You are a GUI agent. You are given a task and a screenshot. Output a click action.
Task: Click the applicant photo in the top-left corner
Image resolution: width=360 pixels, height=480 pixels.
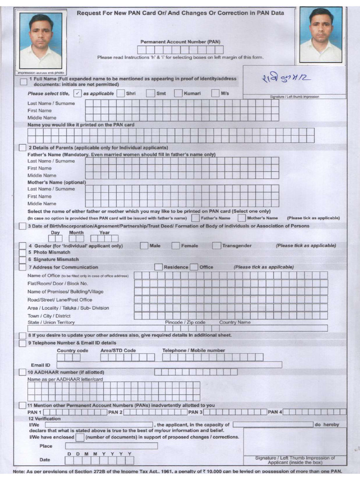coord(40,41)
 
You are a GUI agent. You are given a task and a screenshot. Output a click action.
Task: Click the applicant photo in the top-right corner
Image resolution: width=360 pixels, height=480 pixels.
coord(321,35)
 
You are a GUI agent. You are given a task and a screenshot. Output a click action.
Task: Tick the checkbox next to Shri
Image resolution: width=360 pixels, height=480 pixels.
coord(120,93)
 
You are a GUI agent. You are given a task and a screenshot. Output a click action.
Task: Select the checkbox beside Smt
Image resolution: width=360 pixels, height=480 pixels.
coord(150,93)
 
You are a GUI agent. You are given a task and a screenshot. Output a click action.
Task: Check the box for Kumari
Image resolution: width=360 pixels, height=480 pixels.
coord(178,93)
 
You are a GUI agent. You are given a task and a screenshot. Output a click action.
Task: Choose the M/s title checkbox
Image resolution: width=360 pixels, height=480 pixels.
coord(216,93)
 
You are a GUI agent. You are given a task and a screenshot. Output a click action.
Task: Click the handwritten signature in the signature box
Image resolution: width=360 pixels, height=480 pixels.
coord(287,81)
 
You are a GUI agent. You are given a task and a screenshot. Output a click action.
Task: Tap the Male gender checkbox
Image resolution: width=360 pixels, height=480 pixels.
coord(144,245)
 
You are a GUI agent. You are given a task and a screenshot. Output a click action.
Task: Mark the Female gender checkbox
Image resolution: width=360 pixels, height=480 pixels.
coord(175,245)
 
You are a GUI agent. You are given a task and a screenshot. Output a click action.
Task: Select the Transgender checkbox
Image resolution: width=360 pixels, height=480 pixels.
coord(216,245)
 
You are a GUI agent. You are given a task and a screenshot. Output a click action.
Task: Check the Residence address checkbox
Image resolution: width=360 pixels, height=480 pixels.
coord(158,267)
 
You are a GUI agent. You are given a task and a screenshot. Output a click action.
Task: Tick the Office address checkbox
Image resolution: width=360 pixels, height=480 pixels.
coord(194,267)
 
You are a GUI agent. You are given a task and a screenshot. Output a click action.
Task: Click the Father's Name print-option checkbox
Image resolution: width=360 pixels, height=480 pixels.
coord(195,218)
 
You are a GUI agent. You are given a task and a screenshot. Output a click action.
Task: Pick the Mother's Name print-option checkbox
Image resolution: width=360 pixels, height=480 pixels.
coord(241,218)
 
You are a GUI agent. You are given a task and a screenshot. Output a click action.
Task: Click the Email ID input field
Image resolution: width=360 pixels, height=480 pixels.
coord(169,365)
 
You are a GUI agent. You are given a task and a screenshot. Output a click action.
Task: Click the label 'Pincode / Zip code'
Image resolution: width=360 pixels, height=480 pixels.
coord(185,322)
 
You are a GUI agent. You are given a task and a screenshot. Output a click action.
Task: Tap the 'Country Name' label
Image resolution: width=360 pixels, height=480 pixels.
coord(235,322)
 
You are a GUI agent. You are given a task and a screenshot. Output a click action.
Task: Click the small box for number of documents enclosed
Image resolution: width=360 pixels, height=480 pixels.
coord(80,437)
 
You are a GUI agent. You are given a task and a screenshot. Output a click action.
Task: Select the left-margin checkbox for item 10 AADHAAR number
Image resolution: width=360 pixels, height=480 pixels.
coord(22,372)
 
